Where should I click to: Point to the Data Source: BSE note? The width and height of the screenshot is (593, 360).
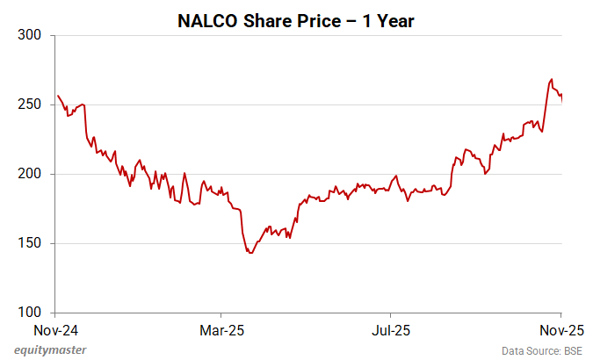click(x=542, y=351)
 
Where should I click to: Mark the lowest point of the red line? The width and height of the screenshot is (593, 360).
click(x=250, y=253)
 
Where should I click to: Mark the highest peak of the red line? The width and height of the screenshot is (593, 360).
click(x=551, y=79)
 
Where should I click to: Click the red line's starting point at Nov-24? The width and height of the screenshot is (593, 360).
click(x=58, y=96)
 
